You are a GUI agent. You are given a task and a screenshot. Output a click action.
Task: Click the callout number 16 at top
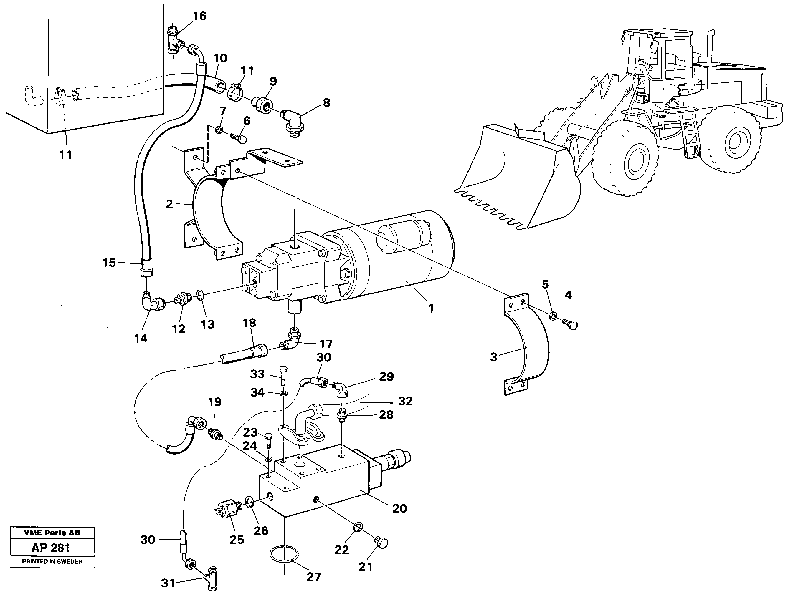coord(199,16)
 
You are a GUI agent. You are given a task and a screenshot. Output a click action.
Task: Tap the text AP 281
coord(51,548)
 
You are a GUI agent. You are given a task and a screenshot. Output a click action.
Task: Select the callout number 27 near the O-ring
coord(314,577)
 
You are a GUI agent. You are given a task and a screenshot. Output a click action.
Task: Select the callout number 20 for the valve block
coord(399,508)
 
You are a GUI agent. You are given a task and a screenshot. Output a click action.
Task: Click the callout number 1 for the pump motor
coord(431,308)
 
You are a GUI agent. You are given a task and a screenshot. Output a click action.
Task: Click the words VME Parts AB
coord(52,533)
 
